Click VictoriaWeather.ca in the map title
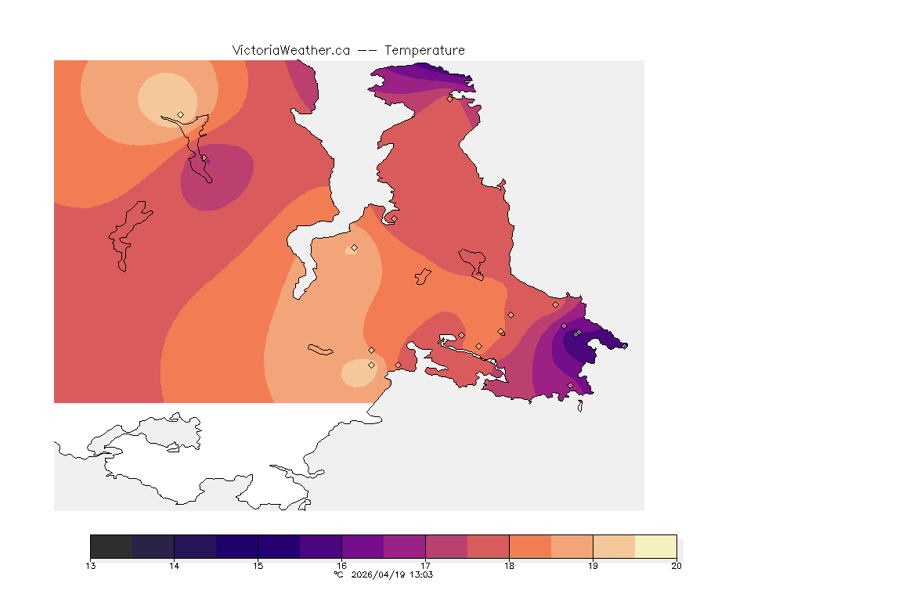click(x=290, y=50)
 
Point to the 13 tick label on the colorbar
click(x=91, y=566)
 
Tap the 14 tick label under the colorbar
click(x=174, y=566)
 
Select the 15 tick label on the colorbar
click(x=258, y=566)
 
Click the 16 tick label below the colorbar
click(x=341, y=566)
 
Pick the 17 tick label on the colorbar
click(x=425, y=566)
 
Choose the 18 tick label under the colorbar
click(x=509, y=566)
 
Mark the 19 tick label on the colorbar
click(x=593, y=566)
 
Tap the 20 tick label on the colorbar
click(x=676, y=566)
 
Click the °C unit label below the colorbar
click(x=338, y=574)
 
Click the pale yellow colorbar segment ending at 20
click(x=655, y=546)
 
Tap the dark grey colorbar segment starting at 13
click(x=111, y=546)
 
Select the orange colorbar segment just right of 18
click(x=530, y=546)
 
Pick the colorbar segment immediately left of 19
click(x=572, y=546)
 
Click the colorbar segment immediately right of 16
click(x=363, y=546)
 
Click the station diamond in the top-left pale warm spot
click(x=181, y=114)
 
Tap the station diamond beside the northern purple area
click(x=449, y=99)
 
